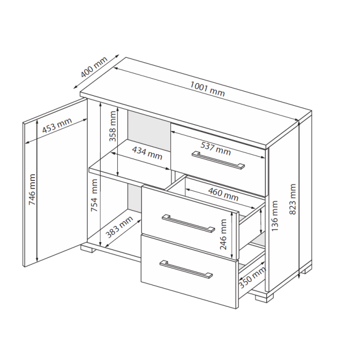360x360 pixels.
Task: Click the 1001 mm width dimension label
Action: click(x=207, y=89)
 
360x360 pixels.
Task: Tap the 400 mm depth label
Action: click(x=94, y=66)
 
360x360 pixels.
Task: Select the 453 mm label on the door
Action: click(x=57, y=125)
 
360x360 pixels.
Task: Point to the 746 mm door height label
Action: click(x=32, y=190)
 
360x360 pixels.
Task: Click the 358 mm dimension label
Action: click(x=112, y=126)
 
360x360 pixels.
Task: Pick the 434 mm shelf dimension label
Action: click(x=147, y=153)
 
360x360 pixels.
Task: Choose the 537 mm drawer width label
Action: click(x=215, y=148)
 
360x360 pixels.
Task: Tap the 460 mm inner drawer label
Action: click(x=223, y=194)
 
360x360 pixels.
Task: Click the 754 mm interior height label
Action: click(x=94, y=196)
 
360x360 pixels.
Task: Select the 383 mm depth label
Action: click(x=119, y=227)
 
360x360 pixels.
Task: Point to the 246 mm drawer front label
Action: click(x=223, y=234)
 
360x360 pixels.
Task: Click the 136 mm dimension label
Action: click(x=275, y=216)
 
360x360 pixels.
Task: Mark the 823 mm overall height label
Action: click(x=292, y=199)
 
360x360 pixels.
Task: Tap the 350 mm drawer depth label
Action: click(x=252, y=277)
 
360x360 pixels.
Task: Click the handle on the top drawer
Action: click(x=219, y=160)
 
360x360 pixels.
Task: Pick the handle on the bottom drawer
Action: click(x=186, y=269)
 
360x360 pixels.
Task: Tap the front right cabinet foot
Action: click(x=264, y=297)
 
